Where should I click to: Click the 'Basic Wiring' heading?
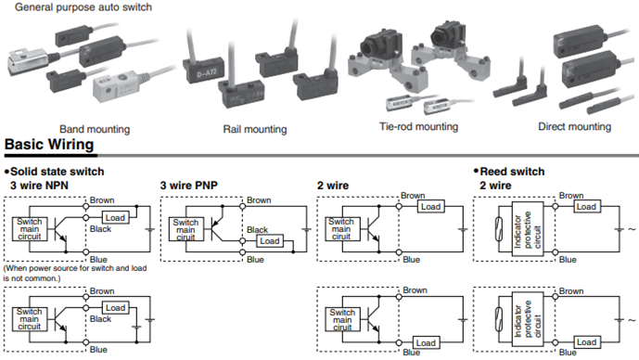tap(49, 145)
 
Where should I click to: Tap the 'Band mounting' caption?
tap(95, 129)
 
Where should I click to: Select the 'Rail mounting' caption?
tap(255, 129)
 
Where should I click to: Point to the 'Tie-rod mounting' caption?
tap(418, 127)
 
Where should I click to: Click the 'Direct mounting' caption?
tap(575, 127)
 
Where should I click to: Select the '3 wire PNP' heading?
tap(188, 186)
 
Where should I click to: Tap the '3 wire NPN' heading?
tap(39, 186)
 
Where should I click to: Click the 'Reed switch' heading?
tap(512, 172)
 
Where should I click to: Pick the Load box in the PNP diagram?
tap(270, 241)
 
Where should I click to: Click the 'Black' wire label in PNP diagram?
tap(257, 230)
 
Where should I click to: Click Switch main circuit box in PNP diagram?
tap(185, 229)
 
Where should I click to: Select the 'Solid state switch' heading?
tap(58, 172)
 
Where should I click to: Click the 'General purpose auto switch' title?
tap(83, 7)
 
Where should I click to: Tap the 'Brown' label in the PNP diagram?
tap(259, 200)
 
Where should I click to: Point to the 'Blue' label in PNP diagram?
tap(255, 260)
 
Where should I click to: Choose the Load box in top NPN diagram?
tap(115, 218)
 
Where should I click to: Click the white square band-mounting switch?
tap(117, 86)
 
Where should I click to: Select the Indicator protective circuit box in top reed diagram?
tap(528, 229)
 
